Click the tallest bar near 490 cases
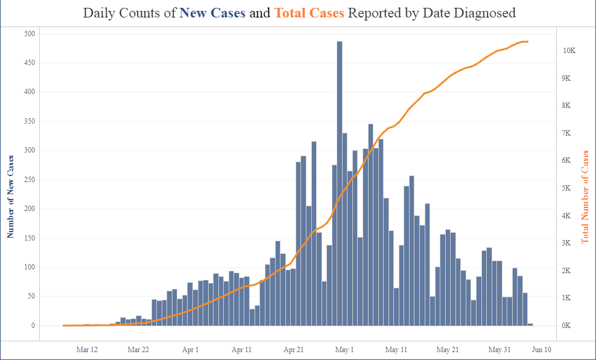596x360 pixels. pyautogui.click(x=340, y=181)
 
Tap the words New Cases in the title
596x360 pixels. pyautogui.click(x=212, y=13)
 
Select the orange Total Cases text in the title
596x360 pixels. pyautogui.click(x=309, y=13)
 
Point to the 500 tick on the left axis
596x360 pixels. pyautogui.click(x=29, y=34)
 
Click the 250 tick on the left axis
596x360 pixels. pyautogui.click(x=29, y=180)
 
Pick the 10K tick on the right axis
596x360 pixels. pyautogui.click(x=569, y=51)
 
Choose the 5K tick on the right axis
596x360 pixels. pyautogui.click(x=567, y=188)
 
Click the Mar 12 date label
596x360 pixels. pyautogui.click(x=87, y=349)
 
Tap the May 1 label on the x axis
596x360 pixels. pyautogui.click(x=344, y=349)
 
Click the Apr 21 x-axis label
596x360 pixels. pyautogui.click(x=293, y=349)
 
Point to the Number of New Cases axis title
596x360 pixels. pyautogui.click(x=10, y=196)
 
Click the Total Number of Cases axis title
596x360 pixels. pyautogui.click(x=585, y=197)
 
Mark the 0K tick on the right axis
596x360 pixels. pyautogui.click(x=567, y=326)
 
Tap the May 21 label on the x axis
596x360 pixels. pyautogui.click(x=448, y=349)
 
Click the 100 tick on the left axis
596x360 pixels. pyautogui.click(x=29, y=267)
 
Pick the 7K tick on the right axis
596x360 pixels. pyautogui.click(x=567, y=133)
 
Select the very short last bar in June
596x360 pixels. pyautogui.click(x=530, y=324)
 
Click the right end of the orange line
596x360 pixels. pyautogui.click(x=528, y=42)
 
